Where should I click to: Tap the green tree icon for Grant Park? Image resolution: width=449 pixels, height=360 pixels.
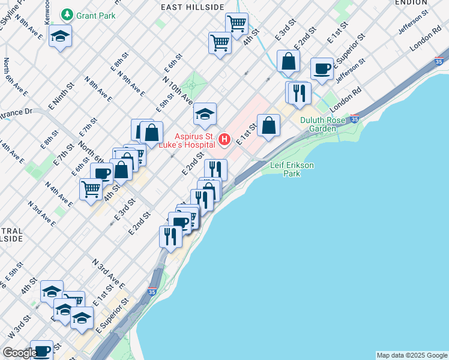point(67,14)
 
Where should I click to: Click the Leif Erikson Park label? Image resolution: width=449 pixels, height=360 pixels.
point(292,169)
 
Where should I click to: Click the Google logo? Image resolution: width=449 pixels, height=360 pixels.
point(20,353)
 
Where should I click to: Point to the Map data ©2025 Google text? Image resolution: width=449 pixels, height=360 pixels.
point(412,355)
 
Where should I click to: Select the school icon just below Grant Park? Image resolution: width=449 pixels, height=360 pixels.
point(60,36)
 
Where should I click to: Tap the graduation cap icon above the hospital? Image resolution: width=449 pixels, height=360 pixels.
point(205,113)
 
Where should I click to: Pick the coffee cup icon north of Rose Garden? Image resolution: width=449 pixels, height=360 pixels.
point(322,68)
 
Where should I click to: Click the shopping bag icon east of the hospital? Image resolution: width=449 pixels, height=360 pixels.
point(268,125)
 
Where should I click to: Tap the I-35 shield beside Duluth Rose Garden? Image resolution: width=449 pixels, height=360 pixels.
point(355,119)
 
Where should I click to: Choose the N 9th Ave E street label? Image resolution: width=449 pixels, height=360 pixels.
point(131,85)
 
